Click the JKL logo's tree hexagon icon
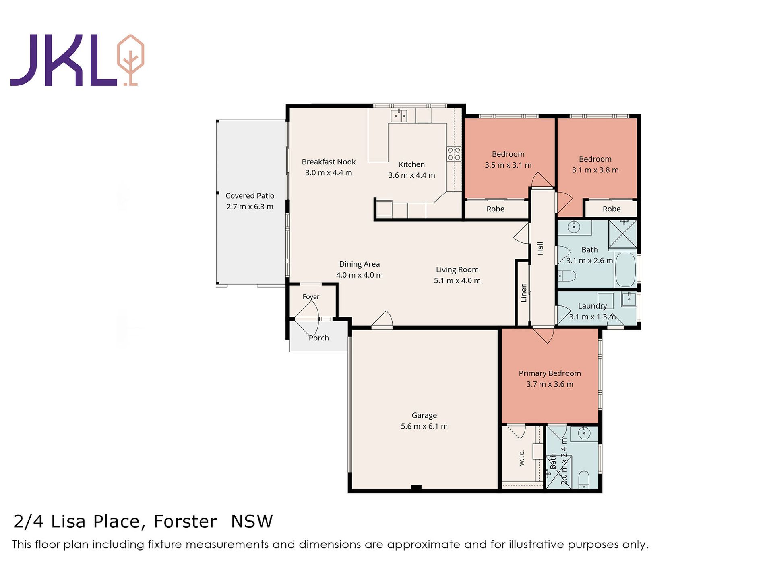point(130,60)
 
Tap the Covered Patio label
point(250,196)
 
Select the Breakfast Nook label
point(329,162)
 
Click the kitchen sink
point(399,116)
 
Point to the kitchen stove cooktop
point(454,154)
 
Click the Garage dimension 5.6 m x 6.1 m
point(424,426)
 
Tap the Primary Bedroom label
point(550,373)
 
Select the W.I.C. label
point(522,458)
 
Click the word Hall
point(540,248)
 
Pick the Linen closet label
point(524,293)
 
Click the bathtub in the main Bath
point(625,269)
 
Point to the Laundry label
point(592,306)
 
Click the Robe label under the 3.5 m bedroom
point(495,209)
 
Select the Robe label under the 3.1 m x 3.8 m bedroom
point(612,209)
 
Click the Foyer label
point(311,297)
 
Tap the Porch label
point(319,338)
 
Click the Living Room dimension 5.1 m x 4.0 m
point(457,281)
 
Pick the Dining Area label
point(360,264)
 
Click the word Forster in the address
point(185,522)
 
